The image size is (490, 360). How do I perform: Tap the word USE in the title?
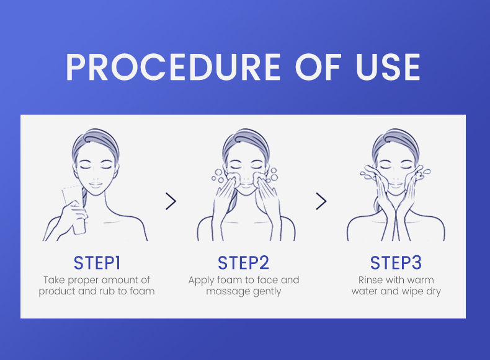pos(388,67)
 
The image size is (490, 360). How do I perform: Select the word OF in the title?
pos(318,67)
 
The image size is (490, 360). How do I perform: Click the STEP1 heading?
pos(97,263)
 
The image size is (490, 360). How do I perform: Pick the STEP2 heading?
pos(243,263)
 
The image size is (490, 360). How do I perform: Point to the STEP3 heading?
pos(396,263)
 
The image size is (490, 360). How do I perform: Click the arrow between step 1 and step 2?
pos(171,201)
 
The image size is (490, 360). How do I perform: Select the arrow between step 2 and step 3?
pos(321,201)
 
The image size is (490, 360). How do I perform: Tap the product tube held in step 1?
pos(74,209)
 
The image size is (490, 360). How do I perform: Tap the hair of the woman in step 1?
pos(96,141)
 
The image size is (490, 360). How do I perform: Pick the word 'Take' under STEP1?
pos(54,279)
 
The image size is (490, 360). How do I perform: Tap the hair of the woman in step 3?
pos(395,141)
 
